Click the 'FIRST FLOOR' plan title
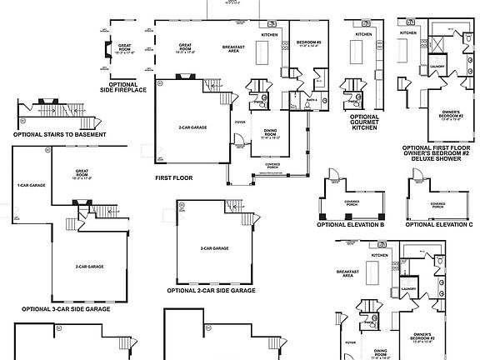[173, 177]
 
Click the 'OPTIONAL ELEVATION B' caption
[350, 225]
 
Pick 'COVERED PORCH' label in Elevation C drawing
[437, 203]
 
